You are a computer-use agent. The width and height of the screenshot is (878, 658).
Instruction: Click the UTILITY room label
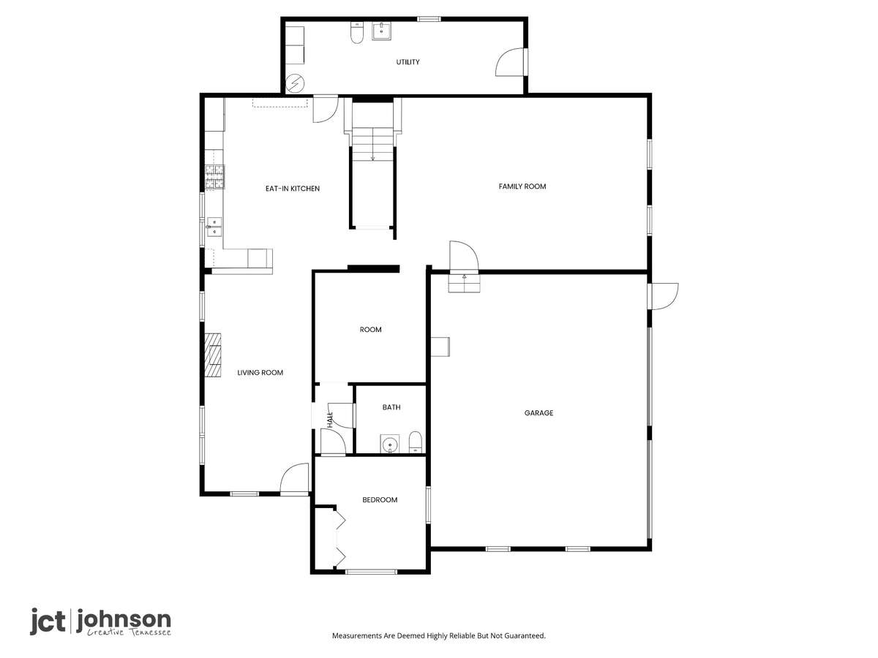[408, 62]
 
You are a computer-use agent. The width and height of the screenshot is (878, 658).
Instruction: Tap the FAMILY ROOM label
[522, 186]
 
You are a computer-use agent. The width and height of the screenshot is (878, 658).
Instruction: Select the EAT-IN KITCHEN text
[293, 189]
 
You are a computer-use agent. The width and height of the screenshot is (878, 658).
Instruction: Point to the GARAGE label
[539, 412]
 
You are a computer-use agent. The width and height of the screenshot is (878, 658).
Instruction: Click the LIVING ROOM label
[260, 372]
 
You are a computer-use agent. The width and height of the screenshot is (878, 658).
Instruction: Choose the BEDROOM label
[380, 500]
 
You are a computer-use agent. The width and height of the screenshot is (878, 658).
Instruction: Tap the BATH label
[391, 407]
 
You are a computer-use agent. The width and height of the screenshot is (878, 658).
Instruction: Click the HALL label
[331, 420]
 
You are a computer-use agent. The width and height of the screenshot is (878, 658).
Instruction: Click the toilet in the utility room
[356, 32]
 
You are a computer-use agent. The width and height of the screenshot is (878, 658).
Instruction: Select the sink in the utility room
[382, 31]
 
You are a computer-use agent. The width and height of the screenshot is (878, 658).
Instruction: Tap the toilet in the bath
[416, 442]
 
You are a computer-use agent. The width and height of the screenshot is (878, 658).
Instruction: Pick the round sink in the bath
[389, 444]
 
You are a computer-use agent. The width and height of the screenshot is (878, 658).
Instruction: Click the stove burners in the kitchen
[215, 177]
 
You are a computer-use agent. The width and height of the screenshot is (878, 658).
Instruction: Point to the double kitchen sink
[214, 227]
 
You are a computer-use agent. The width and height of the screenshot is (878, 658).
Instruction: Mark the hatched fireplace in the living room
[213, 355]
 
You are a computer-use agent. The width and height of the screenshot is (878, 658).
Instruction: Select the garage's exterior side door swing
[664, 296]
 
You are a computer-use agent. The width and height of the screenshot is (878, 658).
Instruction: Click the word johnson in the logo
[123, 621]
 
